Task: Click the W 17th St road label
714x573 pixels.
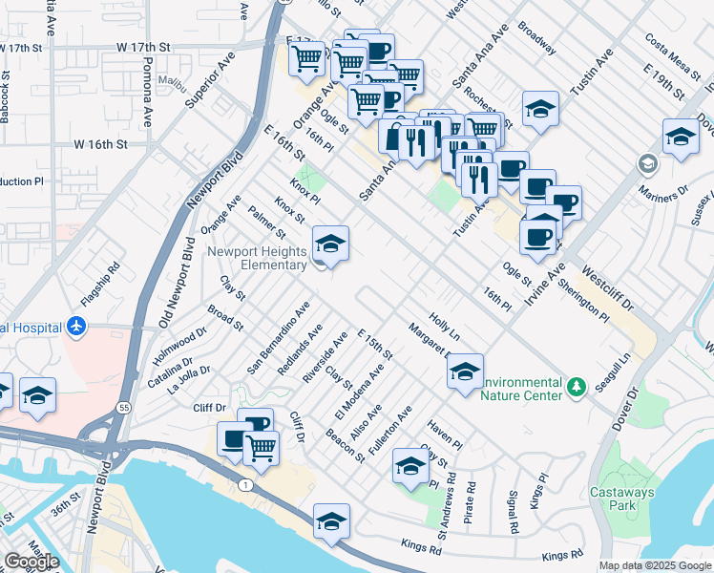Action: [143, 46]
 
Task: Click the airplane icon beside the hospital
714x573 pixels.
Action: [76, 328]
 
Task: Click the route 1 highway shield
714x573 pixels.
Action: [246, 485]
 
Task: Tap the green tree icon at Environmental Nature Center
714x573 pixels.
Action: [576, 387]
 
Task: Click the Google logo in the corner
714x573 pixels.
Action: [31, 562]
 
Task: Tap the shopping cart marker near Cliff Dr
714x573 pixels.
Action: [261, 447]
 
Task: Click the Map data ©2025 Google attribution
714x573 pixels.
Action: [655, 565]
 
